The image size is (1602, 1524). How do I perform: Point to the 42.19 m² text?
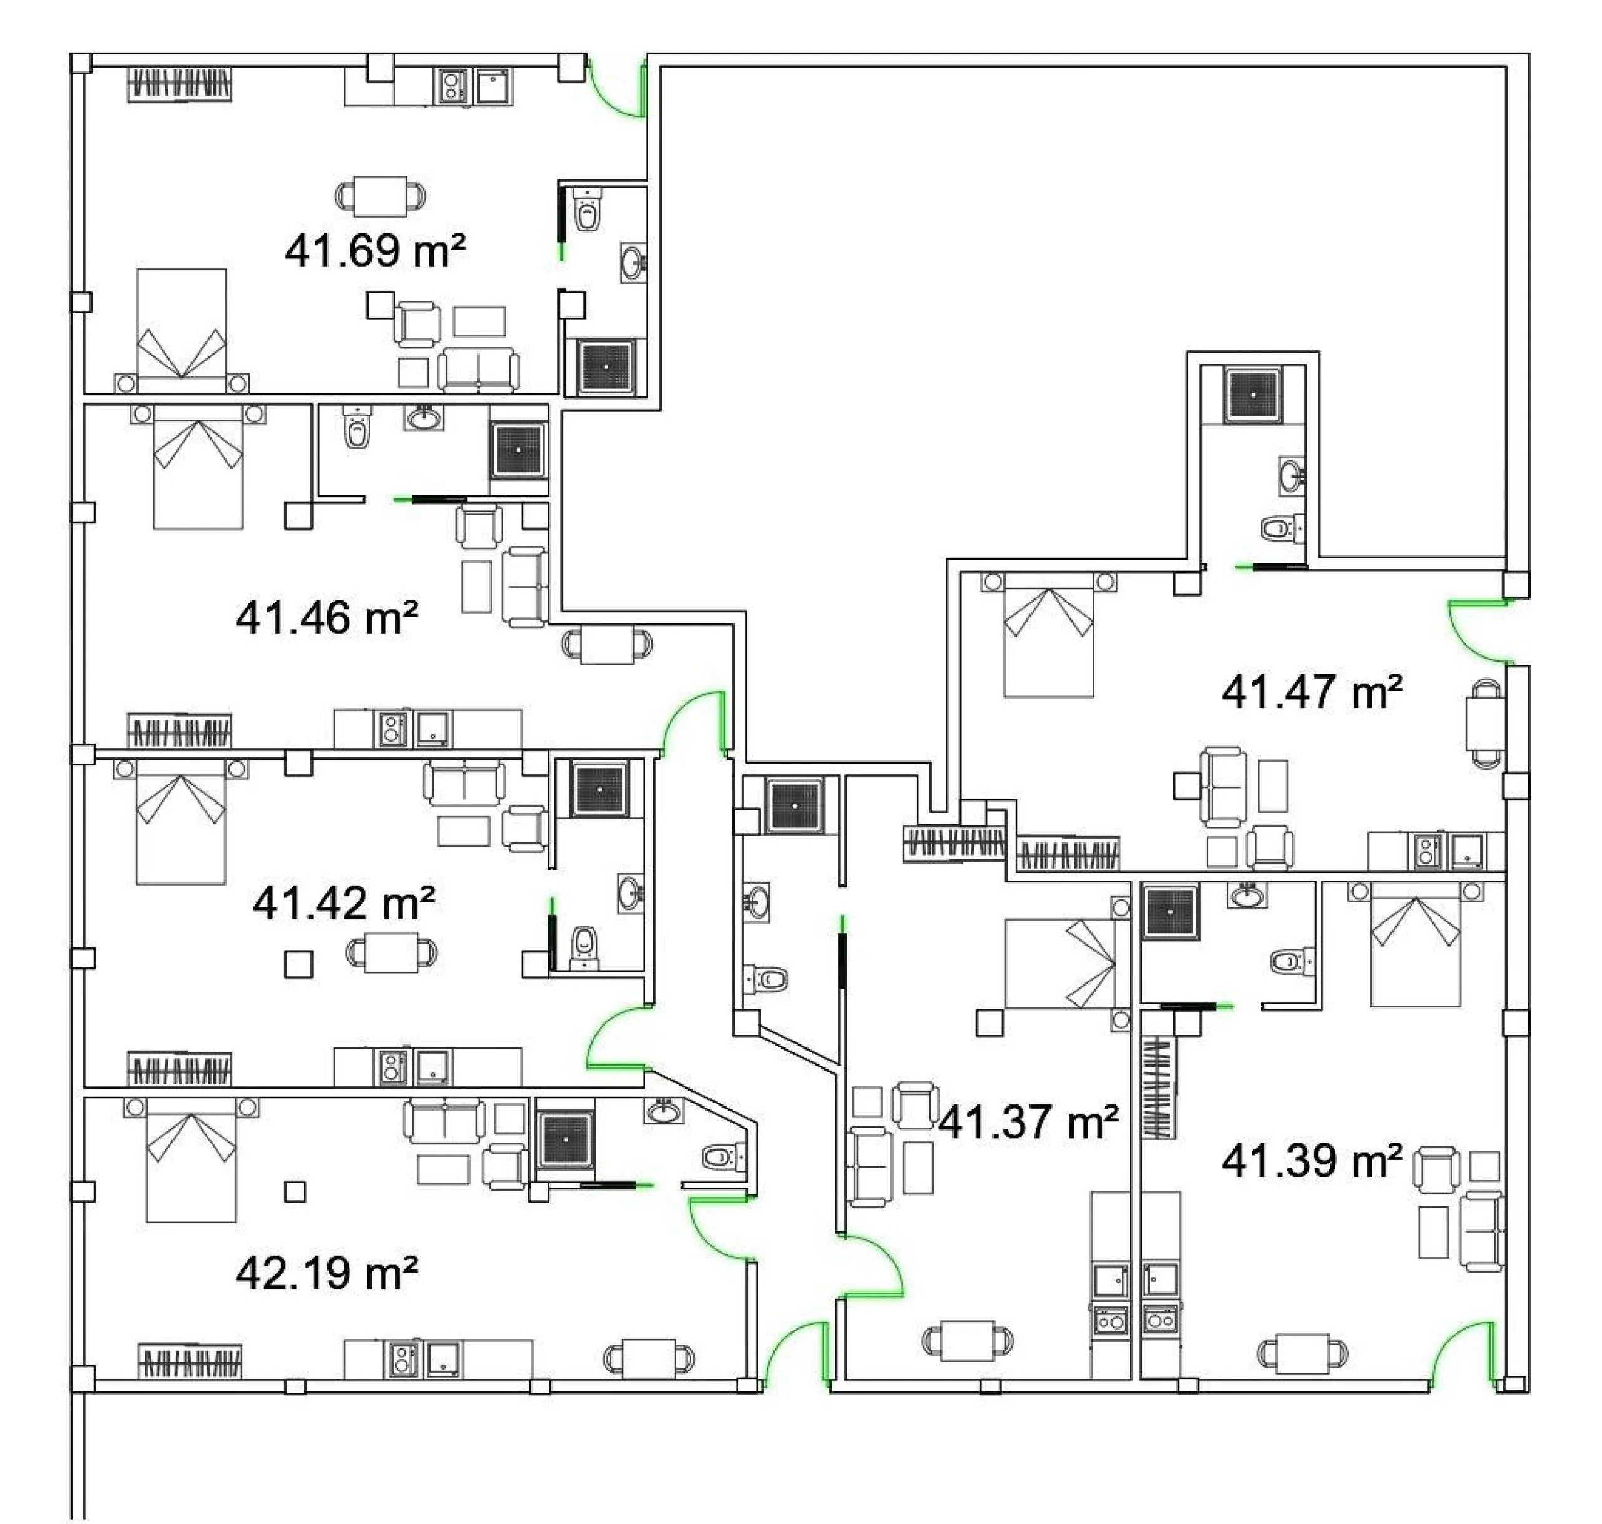tap(327, 1273)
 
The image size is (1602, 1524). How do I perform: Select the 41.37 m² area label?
tap(1028, 1123)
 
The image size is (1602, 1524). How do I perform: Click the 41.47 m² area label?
tap(1312, 692)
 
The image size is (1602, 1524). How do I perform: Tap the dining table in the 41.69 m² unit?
tap(380, 196)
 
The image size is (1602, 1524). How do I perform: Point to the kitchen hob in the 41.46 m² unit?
tap(391, 728)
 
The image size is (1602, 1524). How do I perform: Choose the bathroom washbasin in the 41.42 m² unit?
tap(631, 894)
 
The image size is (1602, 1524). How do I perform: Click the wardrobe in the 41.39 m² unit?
tap(1158, 1087)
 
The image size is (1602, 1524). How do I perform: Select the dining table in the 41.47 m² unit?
tap(1486, 723)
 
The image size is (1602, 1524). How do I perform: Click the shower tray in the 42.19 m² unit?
tap(566, 1140)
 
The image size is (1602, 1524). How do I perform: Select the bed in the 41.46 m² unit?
tap(198, 467)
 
